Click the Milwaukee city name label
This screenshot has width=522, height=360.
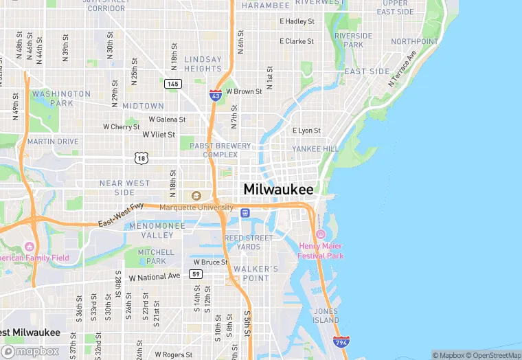pyautogui.click(x=279, y=189)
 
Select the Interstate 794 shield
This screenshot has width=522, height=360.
pyautogui.click(x=340, y=341)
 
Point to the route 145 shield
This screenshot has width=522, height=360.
pyautogui.click(x=172, y=84)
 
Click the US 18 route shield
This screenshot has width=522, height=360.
pyautogui.click(x=141, y=158)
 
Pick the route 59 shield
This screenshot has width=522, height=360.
pyautogui.click(x=196, y=274)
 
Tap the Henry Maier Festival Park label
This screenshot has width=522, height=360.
pyautogui.click(x=321, y=251)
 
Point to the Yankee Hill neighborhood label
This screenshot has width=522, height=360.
pyautogui.click(x=315, y=148)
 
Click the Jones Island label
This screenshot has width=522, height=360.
pyautogui.click(x=326, y=315)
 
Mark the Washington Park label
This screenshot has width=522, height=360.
pyautogui.click(x=61, y=98)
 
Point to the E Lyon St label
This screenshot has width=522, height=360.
pyautogui.click(x=306, y=131)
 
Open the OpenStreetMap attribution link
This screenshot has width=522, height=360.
pyautogui.click(x=494, y=355)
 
